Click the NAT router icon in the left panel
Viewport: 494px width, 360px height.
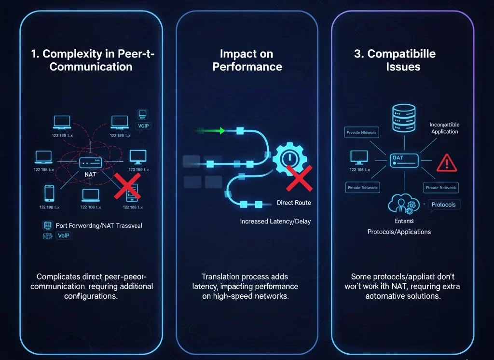(x=90, y=163)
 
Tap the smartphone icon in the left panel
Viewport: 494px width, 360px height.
(x=49, y=193)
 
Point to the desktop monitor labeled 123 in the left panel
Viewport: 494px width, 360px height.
(x=138, y=156)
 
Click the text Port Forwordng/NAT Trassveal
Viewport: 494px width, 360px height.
(x=99, y=225)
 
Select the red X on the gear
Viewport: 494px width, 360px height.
(x=299, y=178)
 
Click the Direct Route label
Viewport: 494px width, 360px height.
(x=294, y=203)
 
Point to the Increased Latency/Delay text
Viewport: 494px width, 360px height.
(x=275, y=222)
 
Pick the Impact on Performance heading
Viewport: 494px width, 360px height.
(x=247, y=60)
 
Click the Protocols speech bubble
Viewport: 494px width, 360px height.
(x=443, y=205)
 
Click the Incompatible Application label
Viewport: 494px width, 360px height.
(x=444, y=128)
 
